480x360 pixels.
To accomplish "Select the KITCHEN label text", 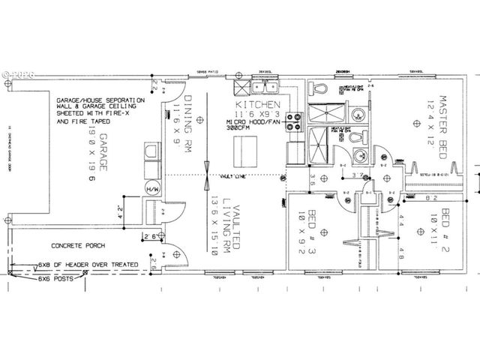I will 257,104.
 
